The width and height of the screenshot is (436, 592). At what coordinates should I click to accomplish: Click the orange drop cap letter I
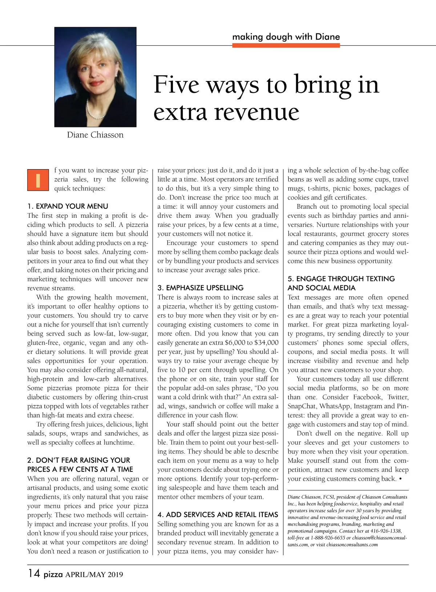(38, 180)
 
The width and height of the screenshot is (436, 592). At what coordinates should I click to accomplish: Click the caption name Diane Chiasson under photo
(95, 135)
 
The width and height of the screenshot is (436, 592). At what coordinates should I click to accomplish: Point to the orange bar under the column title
(286, 45)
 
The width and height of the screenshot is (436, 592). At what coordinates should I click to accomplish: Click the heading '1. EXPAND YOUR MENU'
(68, 206)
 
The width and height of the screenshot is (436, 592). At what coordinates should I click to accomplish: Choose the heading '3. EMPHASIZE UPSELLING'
(201, 288)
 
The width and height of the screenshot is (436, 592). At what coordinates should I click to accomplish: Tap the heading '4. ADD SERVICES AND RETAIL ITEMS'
(218, 515)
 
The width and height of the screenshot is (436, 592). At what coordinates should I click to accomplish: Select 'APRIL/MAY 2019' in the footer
(94, 575)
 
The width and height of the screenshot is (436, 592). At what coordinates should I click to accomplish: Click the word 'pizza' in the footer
(53, 575)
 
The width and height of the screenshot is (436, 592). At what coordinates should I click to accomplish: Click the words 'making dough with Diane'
(286, 37)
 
